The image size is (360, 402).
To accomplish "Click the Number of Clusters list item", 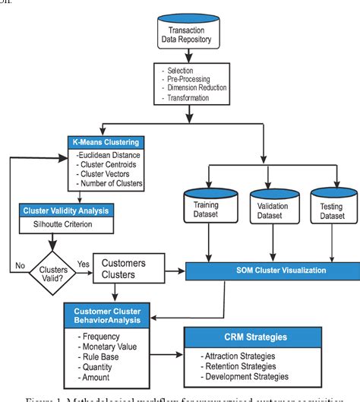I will point(112,183).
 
